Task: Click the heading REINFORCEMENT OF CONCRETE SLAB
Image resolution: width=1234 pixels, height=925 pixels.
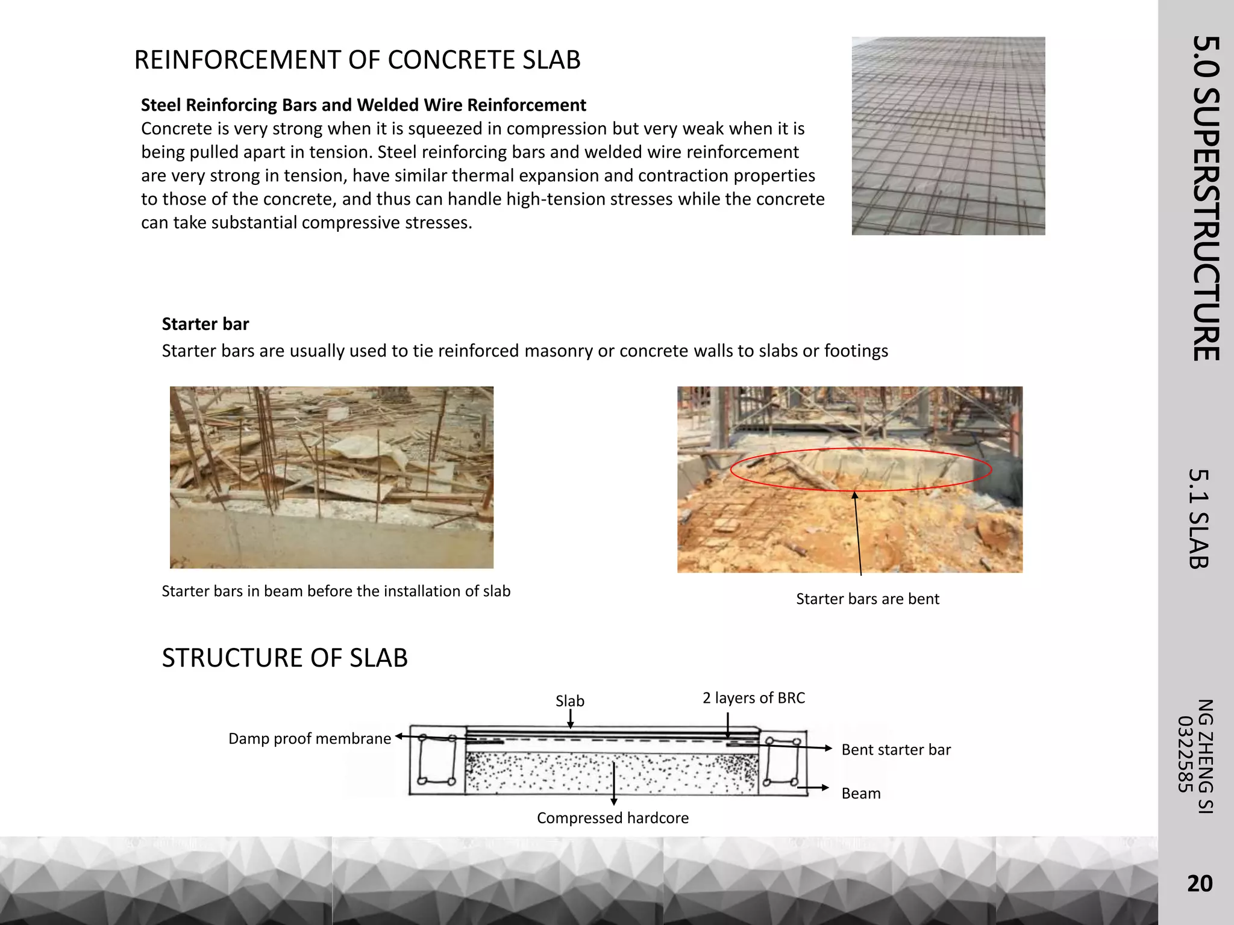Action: (357, 60)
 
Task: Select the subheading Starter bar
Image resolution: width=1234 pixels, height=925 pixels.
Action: (205, 324)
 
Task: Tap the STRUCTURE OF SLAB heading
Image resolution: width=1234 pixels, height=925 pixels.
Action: (284, 658)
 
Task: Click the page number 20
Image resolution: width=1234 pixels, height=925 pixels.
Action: (1199, 883)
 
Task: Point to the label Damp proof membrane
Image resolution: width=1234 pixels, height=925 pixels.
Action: (310, 739)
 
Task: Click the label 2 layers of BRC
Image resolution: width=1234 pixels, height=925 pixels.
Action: (753, 698)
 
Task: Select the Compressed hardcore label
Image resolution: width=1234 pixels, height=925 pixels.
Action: (612, 818)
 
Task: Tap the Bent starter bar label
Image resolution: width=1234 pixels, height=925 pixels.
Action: (896, 750)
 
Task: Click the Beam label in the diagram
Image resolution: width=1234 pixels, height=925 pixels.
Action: (860, 794)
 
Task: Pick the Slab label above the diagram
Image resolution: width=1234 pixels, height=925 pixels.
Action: (569, 701)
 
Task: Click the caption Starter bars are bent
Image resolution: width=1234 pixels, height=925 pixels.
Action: (867, 599)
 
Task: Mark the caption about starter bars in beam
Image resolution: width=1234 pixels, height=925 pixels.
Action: (336, 591)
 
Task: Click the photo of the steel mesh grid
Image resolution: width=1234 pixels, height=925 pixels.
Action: (948, 135)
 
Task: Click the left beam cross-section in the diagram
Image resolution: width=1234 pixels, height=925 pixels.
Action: (437, 760)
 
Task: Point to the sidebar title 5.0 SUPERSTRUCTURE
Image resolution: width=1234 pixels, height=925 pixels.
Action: (1206, 199)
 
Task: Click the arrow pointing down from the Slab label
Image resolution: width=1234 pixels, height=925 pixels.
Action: (570, 719)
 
